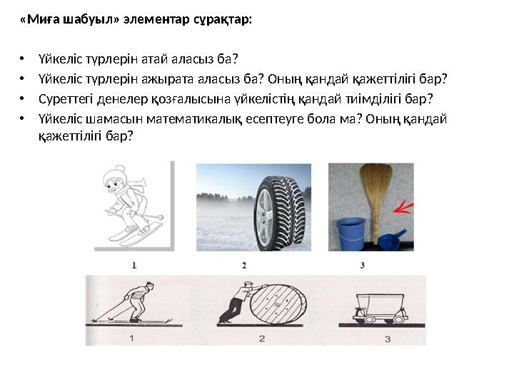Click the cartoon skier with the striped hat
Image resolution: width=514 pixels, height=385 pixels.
pyautogui.click(x=128, y=203)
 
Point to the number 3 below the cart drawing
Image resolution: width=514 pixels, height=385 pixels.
pyautogui.click(x=387, y=339)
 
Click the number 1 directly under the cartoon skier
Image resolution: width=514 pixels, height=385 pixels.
pyautogui.click(x=134, y=265)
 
